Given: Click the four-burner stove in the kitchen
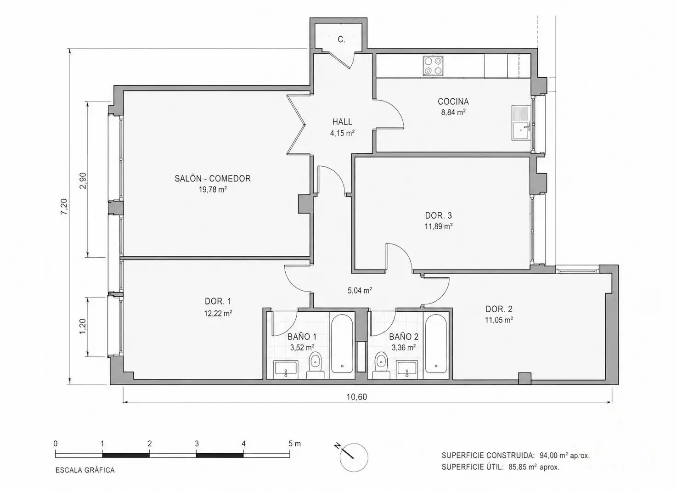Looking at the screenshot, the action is pyautogui.click(x=433, y=66).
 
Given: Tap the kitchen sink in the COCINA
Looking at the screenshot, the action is pyautogui.click(x=521, y=123).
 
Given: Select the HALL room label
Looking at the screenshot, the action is pyautogui.click(x=342, y=122).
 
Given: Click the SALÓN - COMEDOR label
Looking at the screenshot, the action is pyautogui.click(x=213, y=179).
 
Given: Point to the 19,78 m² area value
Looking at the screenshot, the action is pyautogui.click(x=213, y=190).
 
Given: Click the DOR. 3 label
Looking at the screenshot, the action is pyautogui.click(x=439, y=215).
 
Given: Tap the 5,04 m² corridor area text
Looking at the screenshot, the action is pyautogui.click(x=360, y=291).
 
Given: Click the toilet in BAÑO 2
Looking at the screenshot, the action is pyautogui.click(x=381, y=366).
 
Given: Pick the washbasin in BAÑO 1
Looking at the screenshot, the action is pyautogui.click(x=286, y=369).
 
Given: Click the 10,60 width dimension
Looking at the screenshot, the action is pyautogui.click(x=357, y=397).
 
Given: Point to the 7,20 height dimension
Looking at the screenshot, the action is pyautogui.click(x=65, y=207).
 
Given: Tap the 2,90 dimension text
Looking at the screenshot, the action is pyautogui.click(x=83, y=181).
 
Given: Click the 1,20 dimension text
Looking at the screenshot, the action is pyautogui.click(x=83, y=327).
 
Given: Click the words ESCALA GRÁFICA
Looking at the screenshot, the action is pyautogui.click(x=85, y=470).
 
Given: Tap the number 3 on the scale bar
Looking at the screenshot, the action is pyautogui.click(x=197, y=444).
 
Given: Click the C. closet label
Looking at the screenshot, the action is pyautogui.click(x=342, y=39).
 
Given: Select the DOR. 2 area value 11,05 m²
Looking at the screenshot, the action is pyautogui.click(x=499, y=320).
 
